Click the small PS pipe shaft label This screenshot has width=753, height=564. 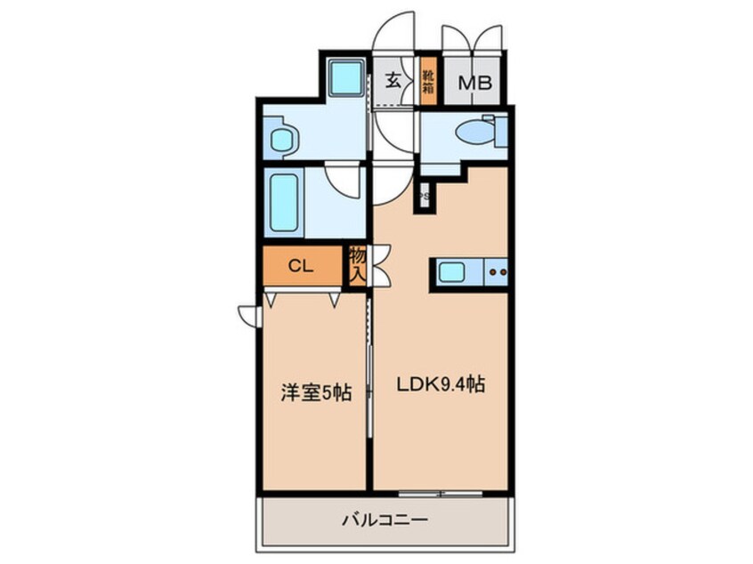pyautogui.click(x=425, y=196)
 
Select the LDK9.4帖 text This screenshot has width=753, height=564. pyautogui.click(x=440, y=385)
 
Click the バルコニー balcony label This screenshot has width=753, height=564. pyautogui.click(x=385, y=520)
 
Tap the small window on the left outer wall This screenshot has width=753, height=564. pyautogui.click(x=248, y=313)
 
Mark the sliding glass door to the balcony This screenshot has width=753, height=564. pyautogui.click(x=441, y=492)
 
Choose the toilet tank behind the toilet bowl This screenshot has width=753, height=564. pyautogui.click(x=500, y=131)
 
